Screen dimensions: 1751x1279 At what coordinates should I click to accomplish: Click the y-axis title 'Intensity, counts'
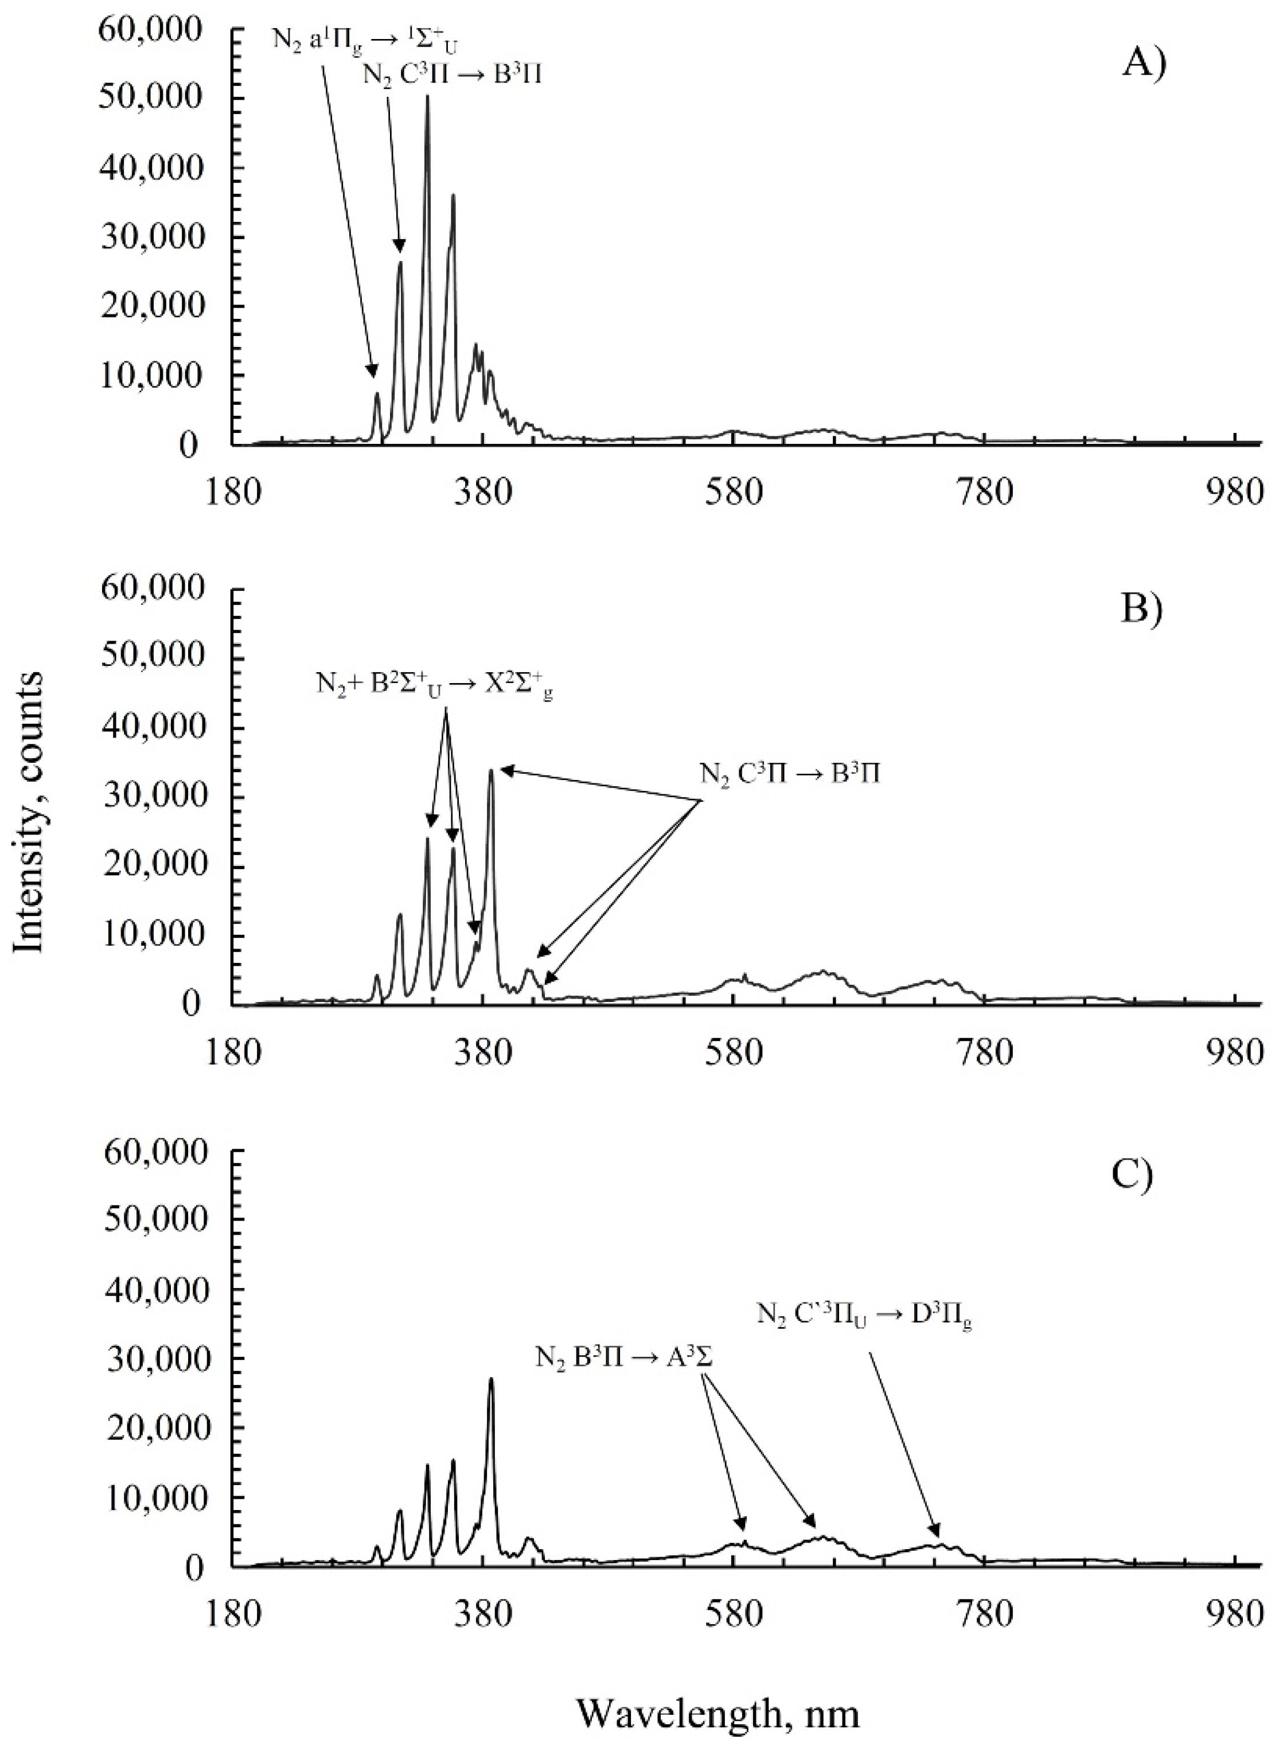tap(30, 812)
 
